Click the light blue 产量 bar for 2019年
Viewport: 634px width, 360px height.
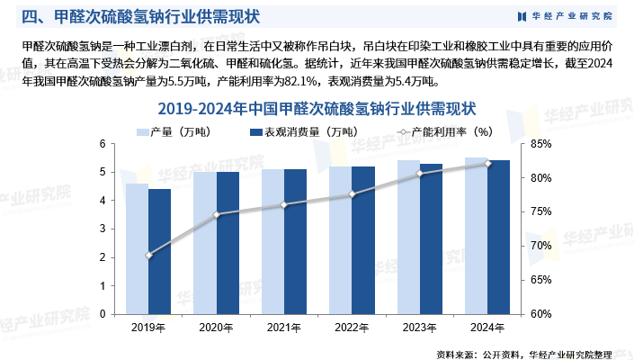pos(137,248)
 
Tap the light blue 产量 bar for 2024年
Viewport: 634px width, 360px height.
pos(476,236)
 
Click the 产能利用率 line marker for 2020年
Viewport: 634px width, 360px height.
pos(216,214)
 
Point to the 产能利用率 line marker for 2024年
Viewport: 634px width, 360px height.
pos(487,163)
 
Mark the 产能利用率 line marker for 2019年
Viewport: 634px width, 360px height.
pos(148,256)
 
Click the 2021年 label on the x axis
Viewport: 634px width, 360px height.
pos(284,327)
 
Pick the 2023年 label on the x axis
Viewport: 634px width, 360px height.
pos(420,327)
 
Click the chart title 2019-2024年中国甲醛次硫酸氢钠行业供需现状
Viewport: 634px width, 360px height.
pos(317,109)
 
